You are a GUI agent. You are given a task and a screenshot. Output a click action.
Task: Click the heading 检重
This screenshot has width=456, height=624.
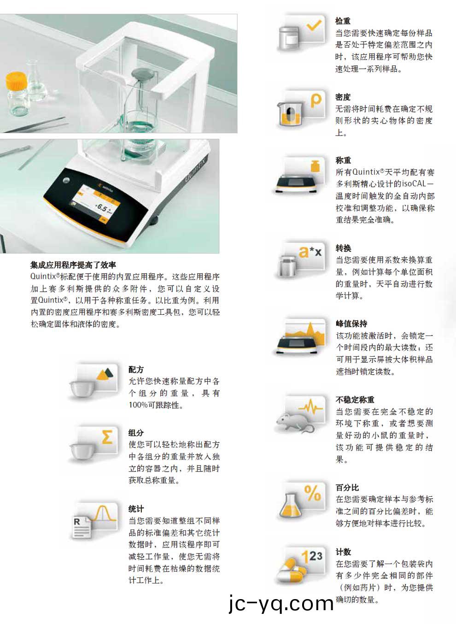coord(343,21)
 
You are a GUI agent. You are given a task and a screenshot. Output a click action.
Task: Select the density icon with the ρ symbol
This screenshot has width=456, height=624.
coord(302,109)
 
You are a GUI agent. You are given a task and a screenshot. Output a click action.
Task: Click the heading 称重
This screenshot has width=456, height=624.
coord(343,160)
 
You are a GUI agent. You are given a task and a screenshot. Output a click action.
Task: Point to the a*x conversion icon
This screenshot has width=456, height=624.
coord(302,260)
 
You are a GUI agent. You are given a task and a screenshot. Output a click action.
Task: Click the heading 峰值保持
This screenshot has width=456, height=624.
coord(351,324)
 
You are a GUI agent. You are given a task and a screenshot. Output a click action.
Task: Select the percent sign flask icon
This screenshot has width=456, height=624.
coord(302,502)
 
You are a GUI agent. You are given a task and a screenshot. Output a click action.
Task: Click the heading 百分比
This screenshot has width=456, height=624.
coord(347,487)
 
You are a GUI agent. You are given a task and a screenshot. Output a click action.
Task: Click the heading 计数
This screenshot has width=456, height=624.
coord(343,552)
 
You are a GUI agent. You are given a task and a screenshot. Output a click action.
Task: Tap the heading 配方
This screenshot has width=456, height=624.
coord(136,370)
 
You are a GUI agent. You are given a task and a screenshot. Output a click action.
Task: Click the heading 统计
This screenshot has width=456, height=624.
coord(136,509)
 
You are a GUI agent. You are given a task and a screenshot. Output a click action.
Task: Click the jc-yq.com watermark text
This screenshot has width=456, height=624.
coord(281,604)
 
